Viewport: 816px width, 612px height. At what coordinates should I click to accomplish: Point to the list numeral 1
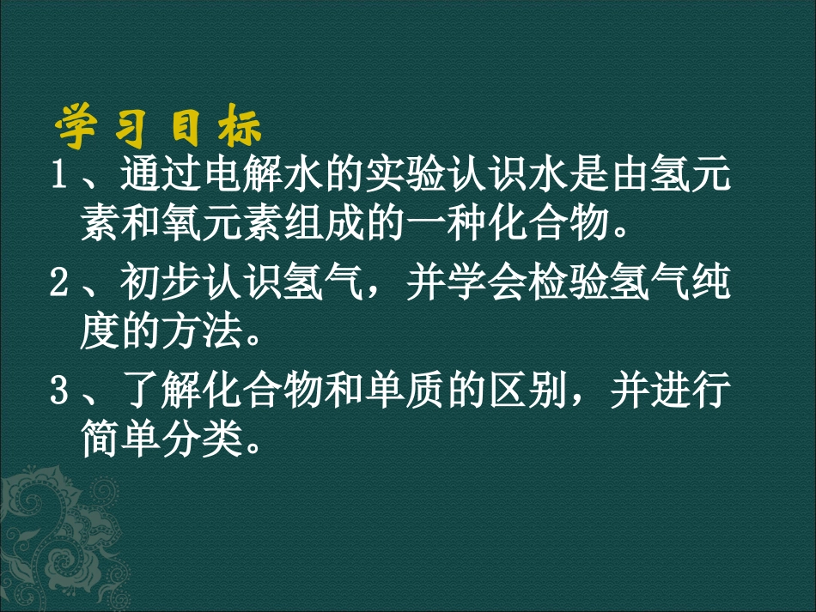tap(59, 177)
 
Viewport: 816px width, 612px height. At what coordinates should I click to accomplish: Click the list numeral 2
tap(59, 283)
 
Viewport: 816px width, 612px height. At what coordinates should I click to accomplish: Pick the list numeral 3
tap(59, 391)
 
